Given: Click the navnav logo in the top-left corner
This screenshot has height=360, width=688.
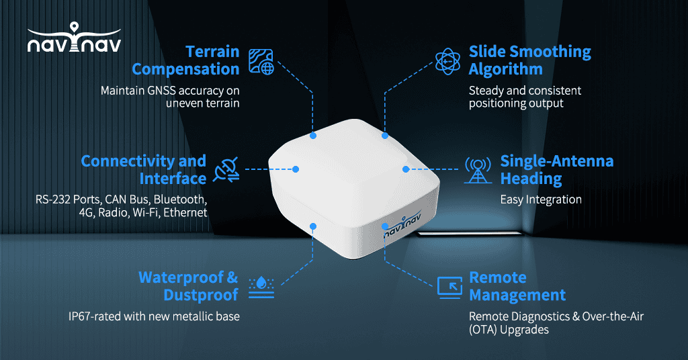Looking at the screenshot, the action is (74, 38).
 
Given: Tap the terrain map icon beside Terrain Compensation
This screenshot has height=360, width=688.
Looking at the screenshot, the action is (261, 61).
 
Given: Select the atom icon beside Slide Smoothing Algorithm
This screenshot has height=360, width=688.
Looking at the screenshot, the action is (447, 61).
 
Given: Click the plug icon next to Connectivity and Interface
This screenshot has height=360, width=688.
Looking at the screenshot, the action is (226, 169).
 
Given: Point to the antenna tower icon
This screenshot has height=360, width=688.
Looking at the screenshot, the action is (478, 170).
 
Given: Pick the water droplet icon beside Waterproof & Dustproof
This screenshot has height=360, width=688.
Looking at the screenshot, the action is (261, 287).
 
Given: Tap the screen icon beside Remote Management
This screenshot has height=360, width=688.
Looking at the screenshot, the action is (449, 287).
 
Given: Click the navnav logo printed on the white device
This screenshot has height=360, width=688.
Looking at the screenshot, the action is (402, 224).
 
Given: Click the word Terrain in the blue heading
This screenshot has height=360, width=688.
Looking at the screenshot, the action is (212, 52).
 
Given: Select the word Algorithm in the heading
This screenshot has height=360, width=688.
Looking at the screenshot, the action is (505, 70).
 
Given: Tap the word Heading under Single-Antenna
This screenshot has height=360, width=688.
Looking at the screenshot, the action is (531, 179).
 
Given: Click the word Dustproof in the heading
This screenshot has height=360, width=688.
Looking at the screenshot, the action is (201, 295).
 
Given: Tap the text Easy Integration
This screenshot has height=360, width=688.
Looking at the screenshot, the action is (541, 200).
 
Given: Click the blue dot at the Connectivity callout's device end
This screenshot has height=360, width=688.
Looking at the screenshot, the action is (296, 169).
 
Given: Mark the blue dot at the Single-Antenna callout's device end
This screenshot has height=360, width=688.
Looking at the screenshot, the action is (406, 169).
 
